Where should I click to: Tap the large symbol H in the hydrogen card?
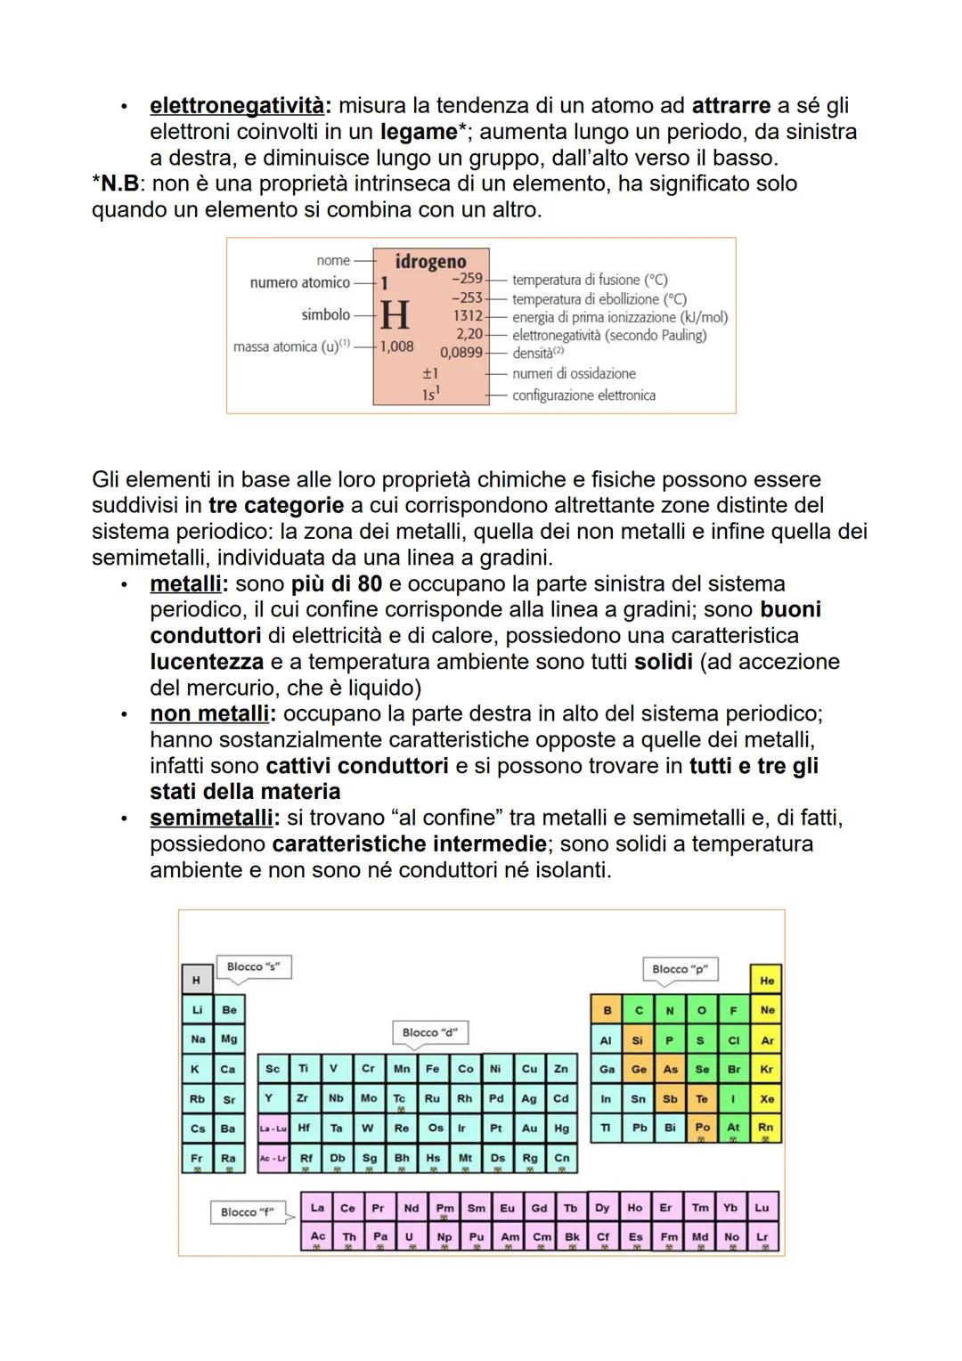click(395, 315)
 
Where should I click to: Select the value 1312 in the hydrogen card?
click(468, 316)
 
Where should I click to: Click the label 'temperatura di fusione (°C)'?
click(590, 280)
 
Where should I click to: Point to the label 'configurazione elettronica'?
click(583, 395)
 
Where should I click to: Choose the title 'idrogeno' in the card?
click(431, 261)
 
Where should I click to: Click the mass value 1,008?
click(397, 346)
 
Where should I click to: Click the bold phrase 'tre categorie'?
click(276, 506)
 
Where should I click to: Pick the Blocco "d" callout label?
click(429, 1032)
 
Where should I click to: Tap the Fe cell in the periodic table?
click(432, 1069)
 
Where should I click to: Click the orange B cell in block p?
click(607, 1011)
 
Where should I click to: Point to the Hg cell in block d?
click(561, 1128)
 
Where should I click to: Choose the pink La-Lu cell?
click(273, 1129)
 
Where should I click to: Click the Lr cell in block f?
click(762, 1237)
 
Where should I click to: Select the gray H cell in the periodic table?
click(197, 981)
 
